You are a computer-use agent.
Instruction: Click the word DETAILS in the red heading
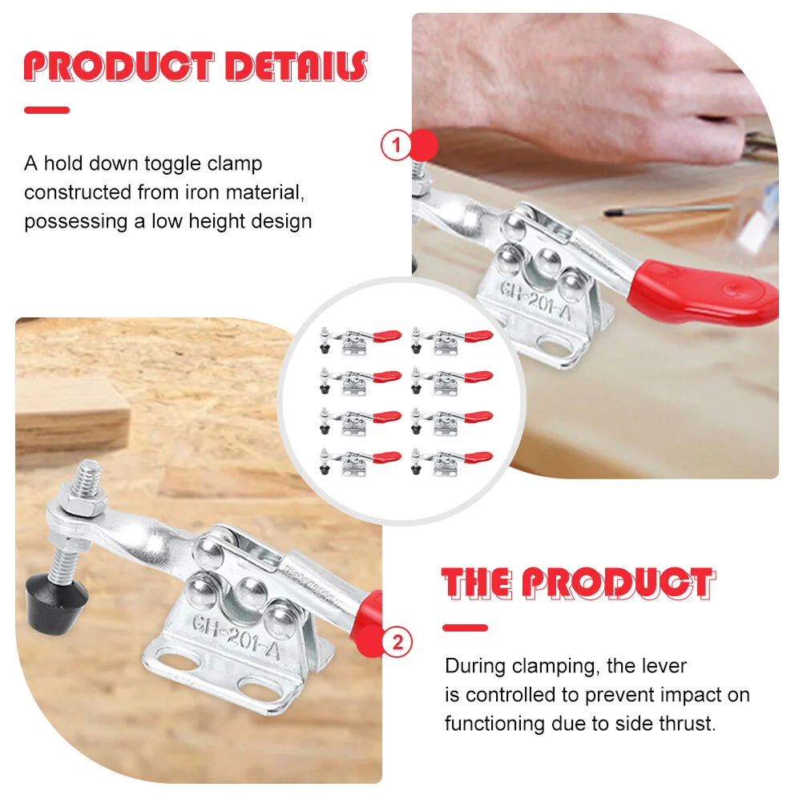click(x=297, y=67)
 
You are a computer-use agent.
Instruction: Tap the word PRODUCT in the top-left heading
click(x=119, y=67)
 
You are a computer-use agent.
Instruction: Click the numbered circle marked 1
click(x=396, y=145)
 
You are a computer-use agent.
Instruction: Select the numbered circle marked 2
click(x=398, y=642)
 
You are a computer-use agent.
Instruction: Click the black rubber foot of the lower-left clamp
click(x=56, y=603)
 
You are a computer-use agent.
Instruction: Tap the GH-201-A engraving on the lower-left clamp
click(x=236, y=638)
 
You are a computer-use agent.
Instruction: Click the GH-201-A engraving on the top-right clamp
click(x=535, y=301)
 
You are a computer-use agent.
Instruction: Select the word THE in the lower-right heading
click(x=477, y=583)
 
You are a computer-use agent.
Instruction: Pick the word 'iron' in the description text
click(x=203, y=192)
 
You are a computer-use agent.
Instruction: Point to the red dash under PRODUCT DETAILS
click(x=46, y=110)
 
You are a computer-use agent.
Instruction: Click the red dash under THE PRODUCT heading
click(x=465, y=627)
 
